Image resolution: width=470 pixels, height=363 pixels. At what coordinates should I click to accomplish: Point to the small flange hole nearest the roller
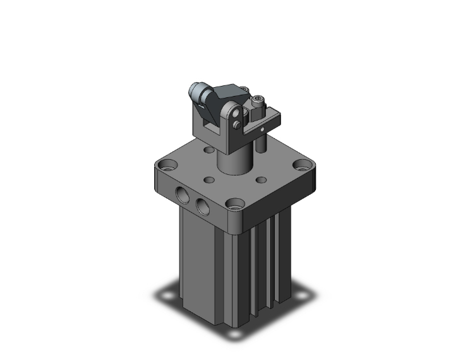(x=209, y=150)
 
